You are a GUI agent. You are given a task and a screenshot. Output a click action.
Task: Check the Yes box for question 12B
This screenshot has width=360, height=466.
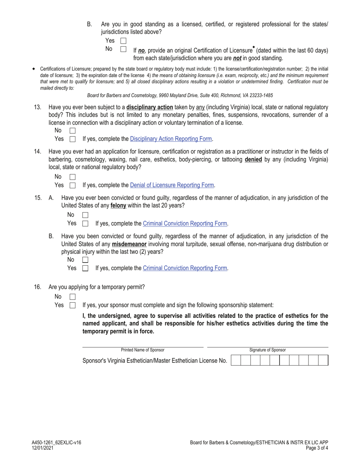(123, 41)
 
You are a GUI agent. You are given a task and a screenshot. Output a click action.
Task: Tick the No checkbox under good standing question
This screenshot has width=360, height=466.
(123, 49)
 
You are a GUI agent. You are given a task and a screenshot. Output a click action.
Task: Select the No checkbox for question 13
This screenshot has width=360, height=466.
(73, 130)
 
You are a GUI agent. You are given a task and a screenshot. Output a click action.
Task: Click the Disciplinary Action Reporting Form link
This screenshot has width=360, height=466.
(171, 139)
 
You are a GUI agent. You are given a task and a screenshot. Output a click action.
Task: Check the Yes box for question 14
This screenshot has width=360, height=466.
(73, 185)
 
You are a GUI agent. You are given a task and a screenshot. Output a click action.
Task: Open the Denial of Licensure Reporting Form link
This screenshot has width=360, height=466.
(172, 185)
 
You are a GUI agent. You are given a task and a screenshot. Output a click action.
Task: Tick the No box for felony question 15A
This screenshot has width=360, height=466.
(85, 215)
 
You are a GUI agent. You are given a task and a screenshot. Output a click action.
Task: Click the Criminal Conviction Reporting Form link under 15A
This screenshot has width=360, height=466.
(185, 224)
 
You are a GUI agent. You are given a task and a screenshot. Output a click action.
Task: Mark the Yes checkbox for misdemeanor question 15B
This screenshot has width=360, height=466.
(85, 268)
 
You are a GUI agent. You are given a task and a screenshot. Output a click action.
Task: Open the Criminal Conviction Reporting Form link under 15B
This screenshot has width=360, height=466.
(185, 268)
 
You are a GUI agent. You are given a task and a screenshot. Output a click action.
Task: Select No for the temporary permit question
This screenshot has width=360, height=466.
(73, 297)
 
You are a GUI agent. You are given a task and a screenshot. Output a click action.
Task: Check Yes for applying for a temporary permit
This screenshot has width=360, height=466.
(73, 305)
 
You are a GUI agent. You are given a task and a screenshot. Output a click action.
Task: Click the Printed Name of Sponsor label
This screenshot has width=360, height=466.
(143, 350)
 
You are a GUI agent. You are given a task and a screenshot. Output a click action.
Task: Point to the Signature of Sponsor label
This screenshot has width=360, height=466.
(268, 350)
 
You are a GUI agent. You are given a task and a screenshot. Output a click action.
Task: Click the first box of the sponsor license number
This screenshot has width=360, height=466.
(235, 360)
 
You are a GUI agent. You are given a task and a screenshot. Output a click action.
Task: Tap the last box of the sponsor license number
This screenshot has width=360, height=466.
(323, 360)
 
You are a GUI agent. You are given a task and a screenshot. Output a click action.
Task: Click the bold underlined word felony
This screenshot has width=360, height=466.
(118, 206)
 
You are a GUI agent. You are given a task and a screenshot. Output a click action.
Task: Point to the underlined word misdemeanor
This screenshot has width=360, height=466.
(130, 244)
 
